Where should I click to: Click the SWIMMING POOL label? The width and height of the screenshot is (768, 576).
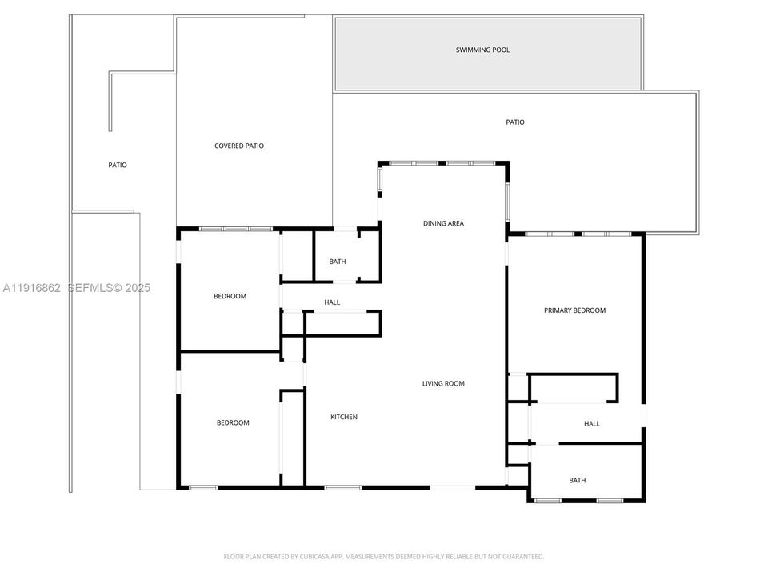point(482,50)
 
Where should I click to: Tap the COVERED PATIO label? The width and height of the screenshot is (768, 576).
point(239,146)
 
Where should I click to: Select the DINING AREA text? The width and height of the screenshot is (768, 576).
point(443,223)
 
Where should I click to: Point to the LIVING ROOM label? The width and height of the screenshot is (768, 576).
point(443,383)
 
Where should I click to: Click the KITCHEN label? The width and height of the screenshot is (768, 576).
point(344,417)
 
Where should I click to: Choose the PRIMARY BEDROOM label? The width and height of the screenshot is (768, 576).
point(574,310)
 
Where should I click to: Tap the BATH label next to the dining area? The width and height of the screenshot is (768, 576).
point(337,262)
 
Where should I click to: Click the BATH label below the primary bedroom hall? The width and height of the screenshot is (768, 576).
point(577,480)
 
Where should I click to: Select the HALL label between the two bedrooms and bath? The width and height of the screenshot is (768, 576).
point(332,302)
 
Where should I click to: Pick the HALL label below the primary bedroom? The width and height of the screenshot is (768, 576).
point(591,423)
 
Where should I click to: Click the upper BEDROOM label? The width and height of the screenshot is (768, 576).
point(230,296)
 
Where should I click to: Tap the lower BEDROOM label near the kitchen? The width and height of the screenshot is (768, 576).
point(233,422)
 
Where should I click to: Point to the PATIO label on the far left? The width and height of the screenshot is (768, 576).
point(118,165)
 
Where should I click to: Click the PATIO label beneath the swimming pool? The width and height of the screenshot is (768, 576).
point(515,122)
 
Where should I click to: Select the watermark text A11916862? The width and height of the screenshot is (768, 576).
point(32,288)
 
